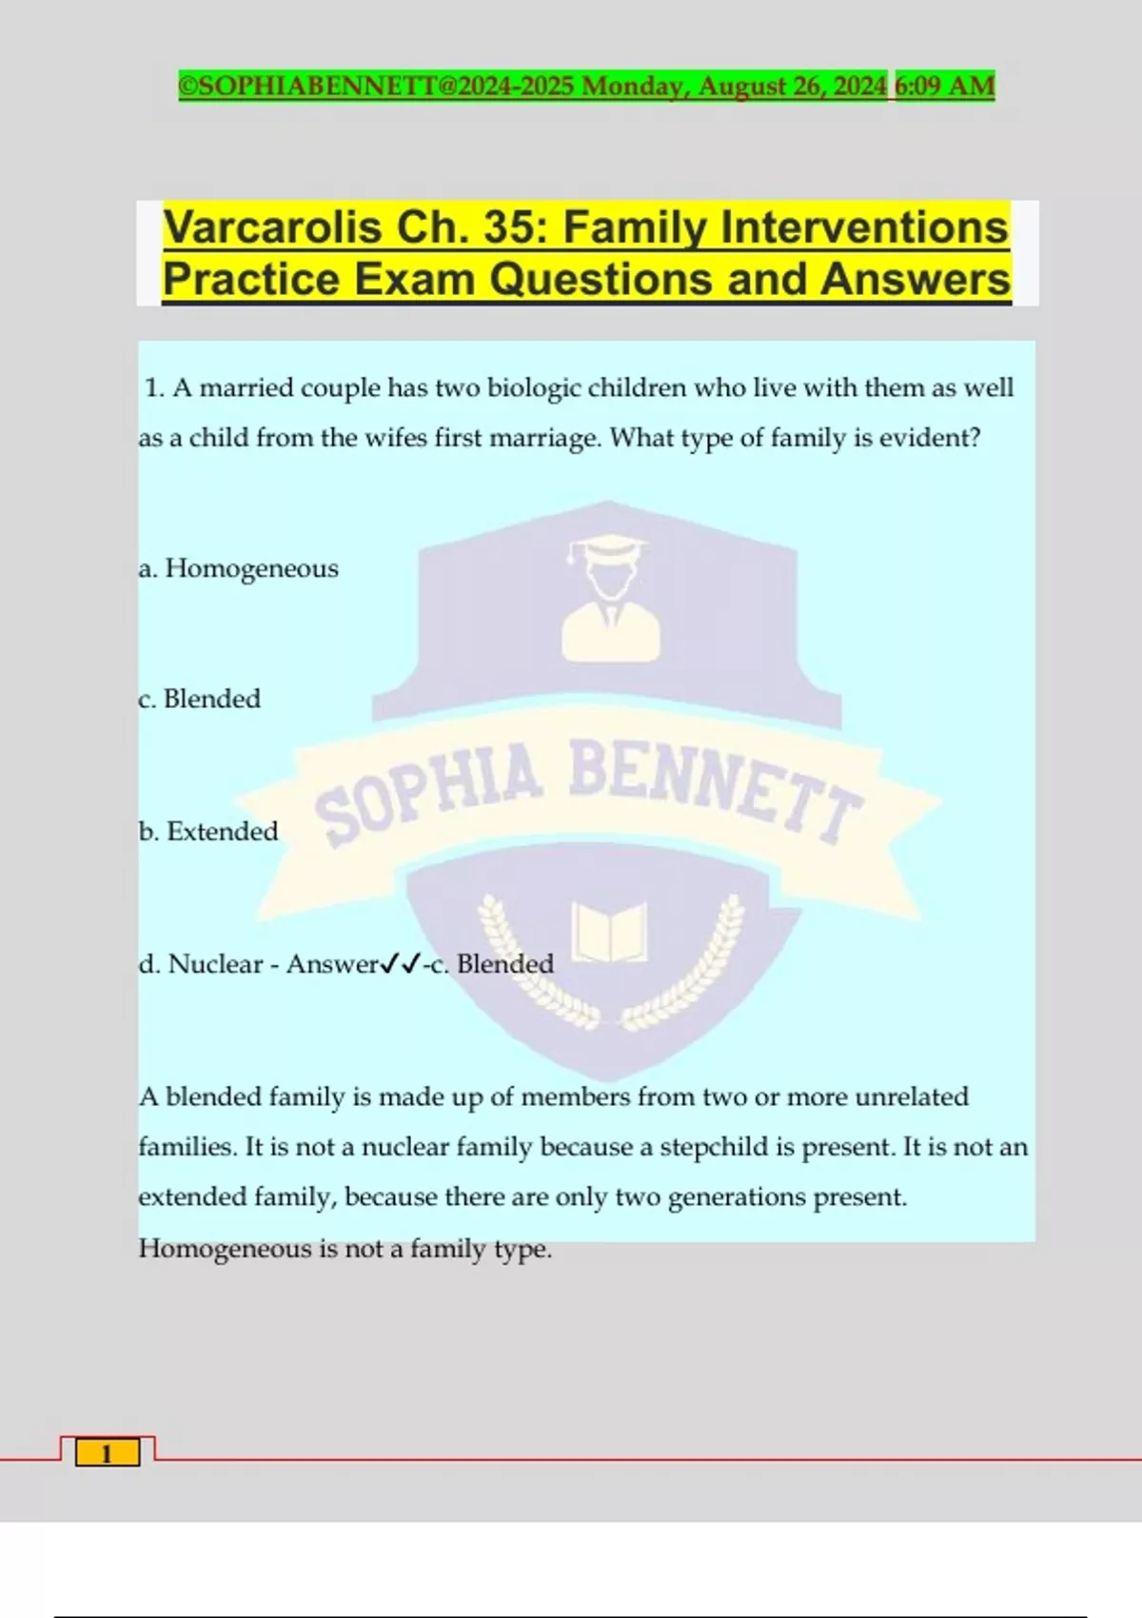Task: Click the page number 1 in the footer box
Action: [x=107, y=1453]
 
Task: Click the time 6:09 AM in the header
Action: [x=945, y=86]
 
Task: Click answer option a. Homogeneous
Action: [x=238, y=568]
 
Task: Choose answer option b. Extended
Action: [x=208, y=831]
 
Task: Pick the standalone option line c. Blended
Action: [x=199, y=699]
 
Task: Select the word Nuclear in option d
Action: [x=215, y=964]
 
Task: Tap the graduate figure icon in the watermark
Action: [x=610, y=599]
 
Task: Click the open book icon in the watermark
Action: [x=609, y=932]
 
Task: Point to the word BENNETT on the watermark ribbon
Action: [x=714, y=785]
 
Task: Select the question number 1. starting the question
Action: [x=155, y=388]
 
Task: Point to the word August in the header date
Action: [x=741, y=86]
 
